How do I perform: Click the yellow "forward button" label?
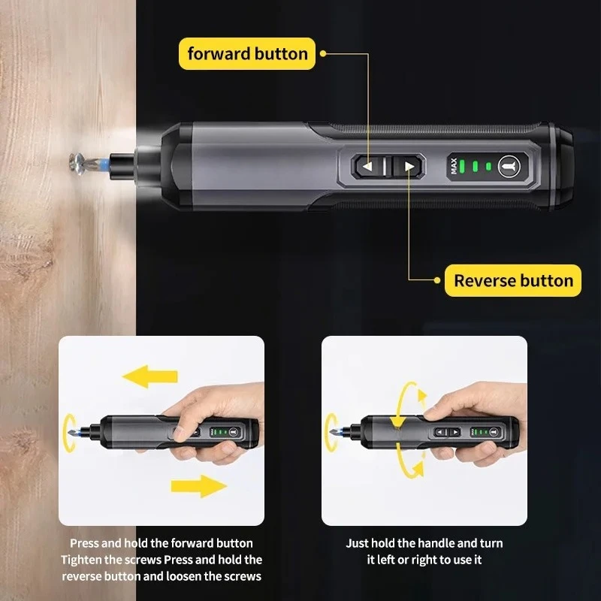[247, 53]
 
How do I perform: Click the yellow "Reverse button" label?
[513, 280]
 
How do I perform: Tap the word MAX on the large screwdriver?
[454, 166]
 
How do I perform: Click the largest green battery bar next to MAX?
[462, 166]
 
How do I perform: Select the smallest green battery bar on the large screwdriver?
[488, 166]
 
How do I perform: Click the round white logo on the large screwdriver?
[509, 166]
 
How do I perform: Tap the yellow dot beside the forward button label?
[323, 53]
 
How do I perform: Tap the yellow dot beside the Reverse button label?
[437, 280]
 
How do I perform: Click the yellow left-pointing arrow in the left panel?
[149, 376]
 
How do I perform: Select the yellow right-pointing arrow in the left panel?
[198, 486]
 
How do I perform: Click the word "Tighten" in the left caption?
[83, 560]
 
